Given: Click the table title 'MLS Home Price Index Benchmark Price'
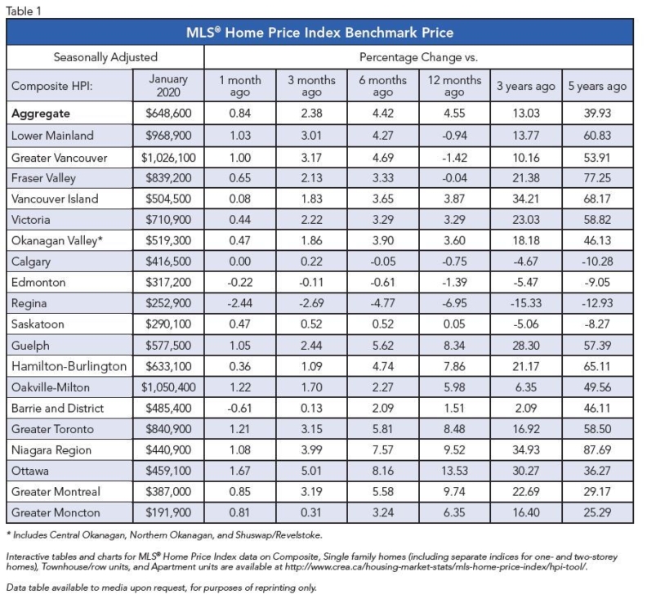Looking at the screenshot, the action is click(x=319, y=32).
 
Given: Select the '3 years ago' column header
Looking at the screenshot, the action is click(x=526, y=86).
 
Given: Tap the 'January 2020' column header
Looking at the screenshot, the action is click(x=168, y=86).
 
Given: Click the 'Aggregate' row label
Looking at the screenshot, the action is click(x=41, y=113).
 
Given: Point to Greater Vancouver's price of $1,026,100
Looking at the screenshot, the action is click(x=168, y=158).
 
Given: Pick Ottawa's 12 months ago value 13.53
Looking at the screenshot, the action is click(x=454, y=471).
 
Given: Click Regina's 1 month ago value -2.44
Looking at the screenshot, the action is click(x=239, y=303).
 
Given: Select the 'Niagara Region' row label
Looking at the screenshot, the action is click(x=51, y=450).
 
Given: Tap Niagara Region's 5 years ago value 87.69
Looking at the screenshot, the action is click(x=597, y=450).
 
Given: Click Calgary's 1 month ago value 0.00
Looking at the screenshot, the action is click(x=239, y=262).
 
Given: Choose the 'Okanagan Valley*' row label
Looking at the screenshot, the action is click(x=57, y=240).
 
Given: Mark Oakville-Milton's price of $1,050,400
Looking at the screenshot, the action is click(x=168, y=387).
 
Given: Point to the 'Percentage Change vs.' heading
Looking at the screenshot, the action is click(x=418, y=57).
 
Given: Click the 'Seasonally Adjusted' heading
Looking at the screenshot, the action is click(x=105, y=57).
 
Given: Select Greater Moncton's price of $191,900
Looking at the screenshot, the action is click(x=168, y=512).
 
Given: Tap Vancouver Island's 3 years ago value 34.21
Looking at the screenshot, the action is click(x=526, y=199).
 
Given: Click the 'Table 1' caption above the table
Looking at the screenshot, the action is click(x=24, y=11).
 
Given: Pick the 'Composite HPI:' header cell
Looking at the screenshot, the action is click(x=52, y=86).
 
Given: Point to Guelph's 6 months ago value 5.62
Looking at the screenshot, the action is click(x=382, y=345).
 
